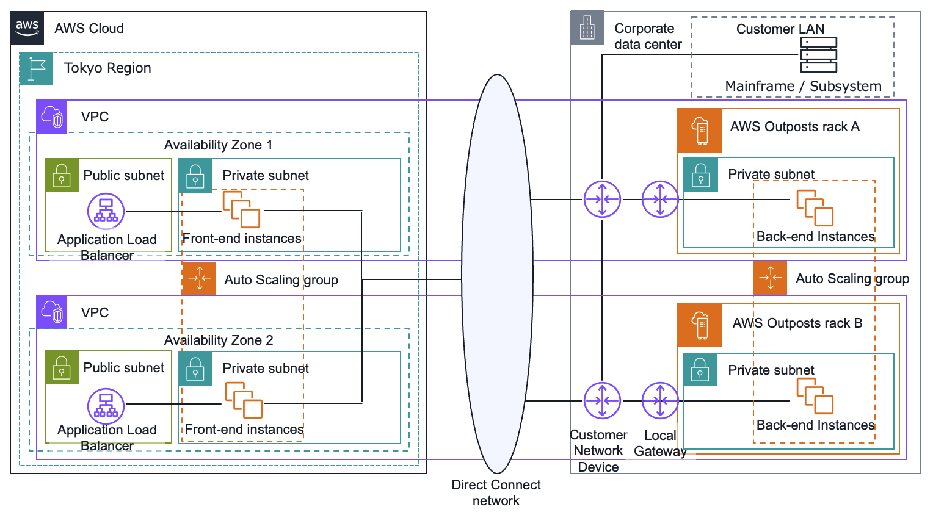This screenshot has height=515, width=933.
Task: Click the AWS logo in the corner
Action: (x=27, y=28)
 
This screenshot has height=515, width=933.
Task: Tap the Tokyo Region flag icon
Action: (x=37, y=68)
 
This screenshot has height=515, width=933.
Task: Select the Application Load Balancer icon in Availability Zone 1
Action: (x=106, y=211)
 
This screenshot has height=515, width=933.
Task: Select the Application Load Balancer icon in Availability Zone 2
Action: (x=106, y=406)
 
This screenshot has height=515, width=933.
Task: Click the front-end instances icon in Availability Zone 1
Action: (x=241, y=209)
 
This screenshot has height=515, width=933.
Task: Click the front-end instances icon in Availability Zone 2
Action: (x=244, y=400)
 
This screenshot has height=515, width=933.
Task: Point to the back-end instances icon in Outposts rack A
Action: (x=815, y=208)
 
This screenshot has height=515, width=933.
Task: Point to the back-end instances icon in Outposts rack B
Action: (x=815, y=396)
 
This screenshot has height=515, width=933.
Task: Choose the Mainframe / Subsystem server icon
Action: (x=818, y=55)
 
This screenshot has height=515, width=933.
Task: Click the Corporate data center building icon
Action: (x=587, y=28)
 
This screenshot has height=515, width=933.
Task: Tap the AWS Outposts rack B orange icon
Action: (x=700, y=325)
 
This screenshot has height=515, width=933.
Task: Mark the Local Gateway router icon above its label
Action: (x=660, y=401)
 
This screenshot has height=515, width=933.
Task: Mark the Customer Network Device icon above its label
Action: (x=602, y=401)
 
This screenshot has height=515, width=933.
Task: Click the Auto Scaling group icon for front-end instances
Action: (x=199, y=279)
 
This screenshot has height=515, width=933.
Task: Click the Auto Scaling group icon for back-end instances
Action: (x=770, y=278)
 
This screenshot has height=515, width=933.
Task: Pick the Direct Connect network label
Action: (x=496, y=492)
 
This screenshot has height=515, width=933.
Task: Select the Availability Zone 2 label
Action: (x=219, y=340)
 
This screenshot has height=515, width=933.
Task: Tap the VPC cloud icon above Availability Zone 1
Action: (x=53, y=117)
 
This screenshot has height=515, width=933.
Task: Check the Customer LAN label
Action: (x=780, y=29)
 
